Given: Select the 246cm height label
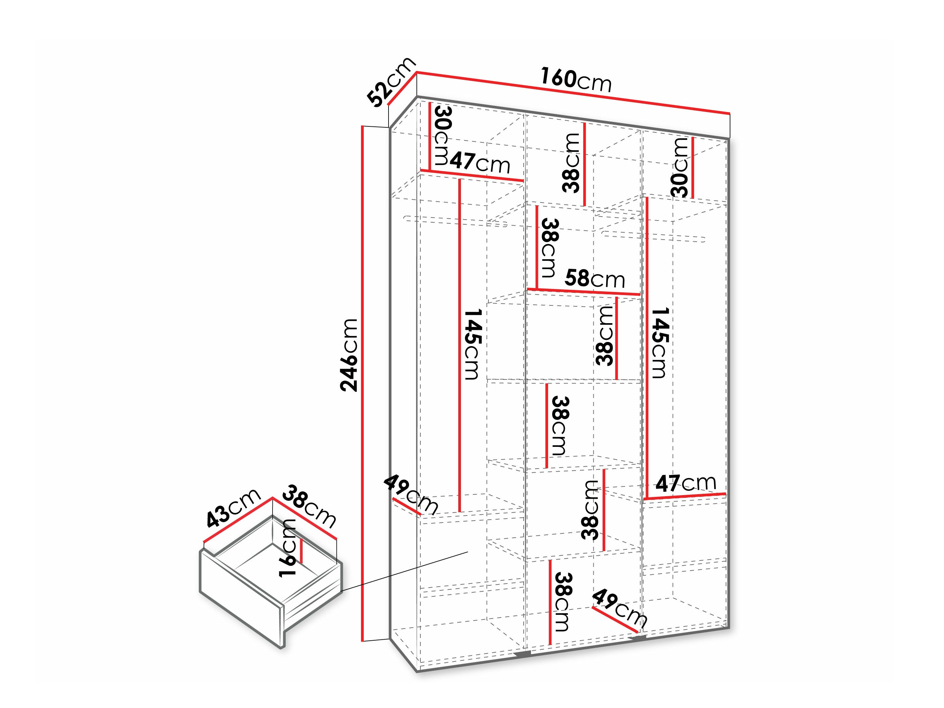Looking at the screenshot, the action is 349,355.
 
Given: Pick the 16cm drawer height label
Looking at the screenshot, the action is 288,548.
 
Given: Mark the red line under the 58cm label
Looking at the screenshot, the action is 583,292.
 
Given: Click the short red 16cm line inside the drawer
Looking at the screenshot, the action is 301,550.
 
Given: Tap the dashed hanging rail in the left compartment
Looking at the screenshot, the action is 455,222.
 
